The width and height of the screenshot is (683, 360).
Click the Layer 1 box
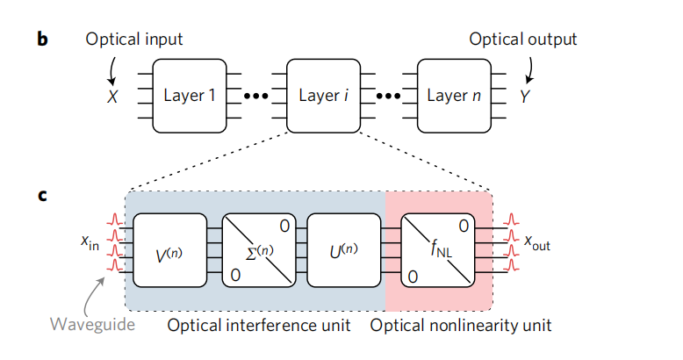click(x=189, y=95)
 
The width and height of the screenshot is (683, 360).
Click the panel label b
click(x=42, y=40)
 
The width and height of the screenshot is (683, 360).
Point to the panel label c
click(x=41, y=195)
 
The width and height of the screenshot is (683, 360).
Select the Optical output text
click(x=523, y=40)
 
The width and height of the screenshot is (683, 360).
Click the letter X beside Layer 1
click(x=111, y=96)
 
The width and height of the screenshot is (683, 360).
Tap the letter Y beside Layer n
click(x=524, y=96)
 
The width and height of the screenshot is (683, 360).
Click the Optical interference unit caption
click(x=261, y=326)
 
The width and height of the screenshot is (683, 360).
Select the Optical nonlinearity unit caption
click(x=461, y=326)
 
